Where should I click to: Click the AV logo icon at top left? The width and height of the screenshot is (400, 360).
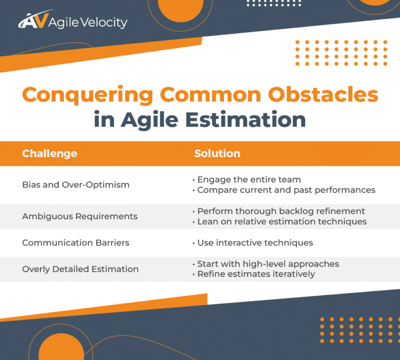point(33,21)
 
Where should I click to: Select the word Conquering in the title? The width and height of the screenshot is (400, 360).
point(87,95)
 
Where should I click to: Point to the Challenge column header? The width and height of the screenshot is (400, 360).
point(49,154)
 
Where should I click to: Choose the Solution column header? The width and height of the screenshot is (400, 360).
point(217,154)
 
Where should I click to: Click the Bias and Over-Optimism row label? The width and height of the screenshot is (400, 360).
point(76,184)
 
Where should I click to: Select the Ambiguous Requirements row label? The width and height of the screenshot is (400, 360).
point(80,216)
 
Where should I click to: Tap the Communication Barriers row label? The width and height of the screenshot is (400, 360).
point(76,243)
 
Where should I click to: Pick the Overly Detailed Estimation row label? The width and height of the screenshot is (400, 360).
point(80,269)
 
